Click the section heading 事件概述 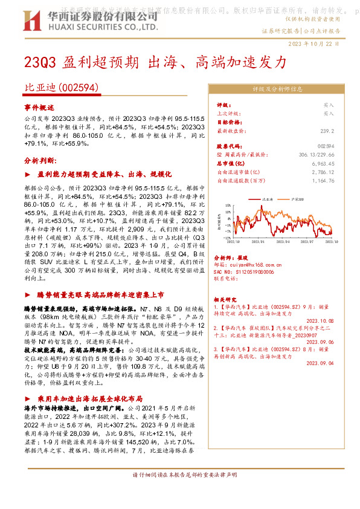pyautogui.click(x=39, y=106)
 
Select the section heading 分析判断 pyautogui.click(x=40, y=161)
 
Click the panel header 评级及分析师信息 pyautogui.click(x=277, y=89)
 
